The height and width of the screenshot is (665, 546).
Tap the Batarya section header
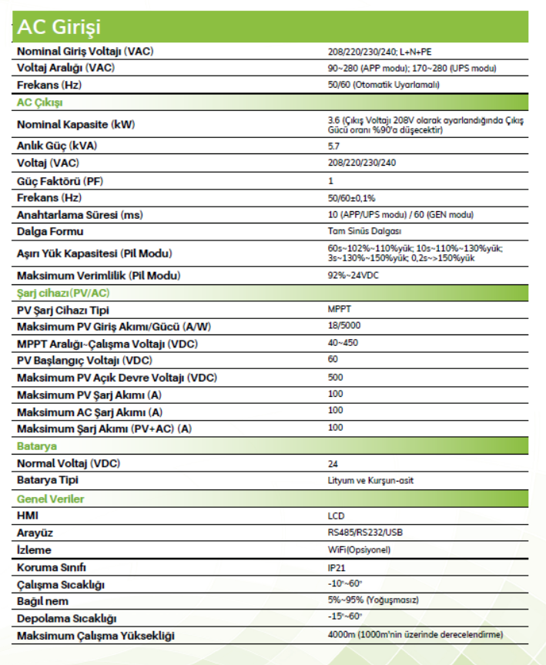tap(36, 446)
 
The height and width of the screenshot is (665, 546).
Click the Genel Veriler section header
tap(50, 499)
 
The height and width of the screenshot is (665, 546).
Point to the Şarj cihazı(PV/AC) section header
tap(63, 293)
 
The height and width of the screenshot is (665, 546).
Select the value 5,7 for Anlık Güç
tap(333, 146)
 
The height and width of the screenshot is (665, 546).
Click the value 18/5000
tap(343, 326)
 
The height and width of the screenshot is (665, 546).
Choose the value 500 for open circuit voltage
tap(335, 377)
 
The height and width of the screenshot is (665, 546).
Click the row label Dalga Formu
tap(50, 231)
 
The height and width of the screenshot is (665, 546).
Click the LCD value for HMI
tap(336, 516)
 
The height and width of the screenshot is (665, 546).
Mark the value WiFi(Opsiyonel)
tap(359, 549)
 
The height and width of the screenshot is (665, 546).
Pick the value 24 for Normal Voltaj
tap(333, 464)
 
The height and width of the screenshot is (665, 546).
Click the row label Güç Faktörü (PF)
tap(61, 180)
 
